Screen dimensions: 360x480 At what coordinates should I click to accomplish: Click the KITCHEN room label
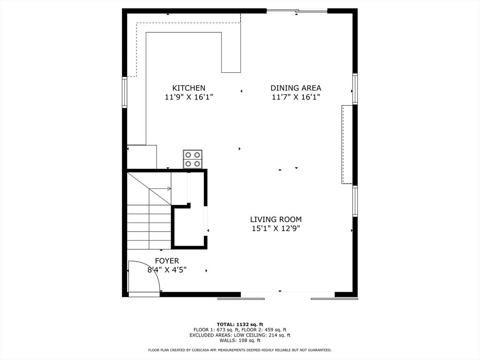[188, 88]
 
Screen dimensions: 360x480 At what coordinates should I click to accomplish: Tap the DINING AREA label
[296, 88]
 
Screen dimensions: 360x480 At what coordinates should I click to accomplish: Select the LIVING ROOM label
[276, 219]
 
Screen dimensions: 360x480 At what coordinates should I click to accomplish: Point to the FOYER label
[167, 261]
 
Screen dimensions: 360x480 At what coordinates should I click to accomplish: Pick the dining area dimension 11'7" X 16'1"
[296, 97]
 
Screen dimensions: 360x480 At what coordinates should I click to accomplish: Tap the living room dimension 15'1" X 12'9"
[276, 229]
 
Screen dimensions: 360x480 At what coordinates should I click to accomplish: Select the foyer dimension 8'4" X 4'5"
[167, 270]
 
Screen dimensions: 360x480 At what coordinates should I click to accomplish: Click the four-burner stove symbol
[193, 159]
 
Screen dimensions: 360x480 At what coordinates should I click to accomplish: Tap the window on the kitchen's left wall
[125, 92]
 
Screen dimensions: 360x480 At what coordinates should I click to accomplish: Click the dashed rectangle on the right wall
[346, 144]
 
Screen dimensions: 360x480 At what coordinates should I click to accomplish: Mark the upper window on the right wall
[355, 89]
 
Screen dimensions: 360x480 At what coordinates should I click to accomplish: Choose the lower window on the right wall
[355, 201]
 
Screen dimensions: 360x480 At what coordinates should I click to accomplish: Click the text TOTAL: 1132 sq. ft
[240, 324]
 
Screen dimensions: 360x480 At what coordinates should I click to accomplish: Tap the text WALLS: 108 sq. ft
[240, 340]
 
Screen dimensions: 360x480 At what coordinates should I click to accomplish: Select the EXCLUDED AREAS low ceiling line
[240, 335]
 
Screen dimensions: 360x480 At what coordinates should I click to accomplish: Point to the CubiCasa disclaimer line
[240, 350]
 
